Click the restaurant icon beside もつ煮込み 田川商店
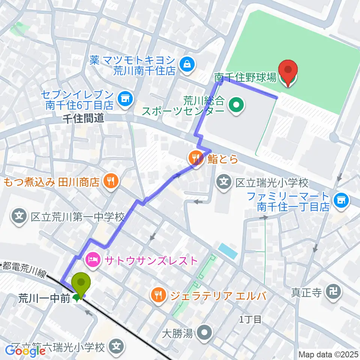point(110,182)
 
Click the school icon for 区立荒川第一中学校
point(19,216)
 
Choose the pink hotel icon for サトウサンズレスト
point(92,259)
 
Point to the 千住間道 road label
point(84,118)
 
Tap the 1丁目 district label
point(250,320)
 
